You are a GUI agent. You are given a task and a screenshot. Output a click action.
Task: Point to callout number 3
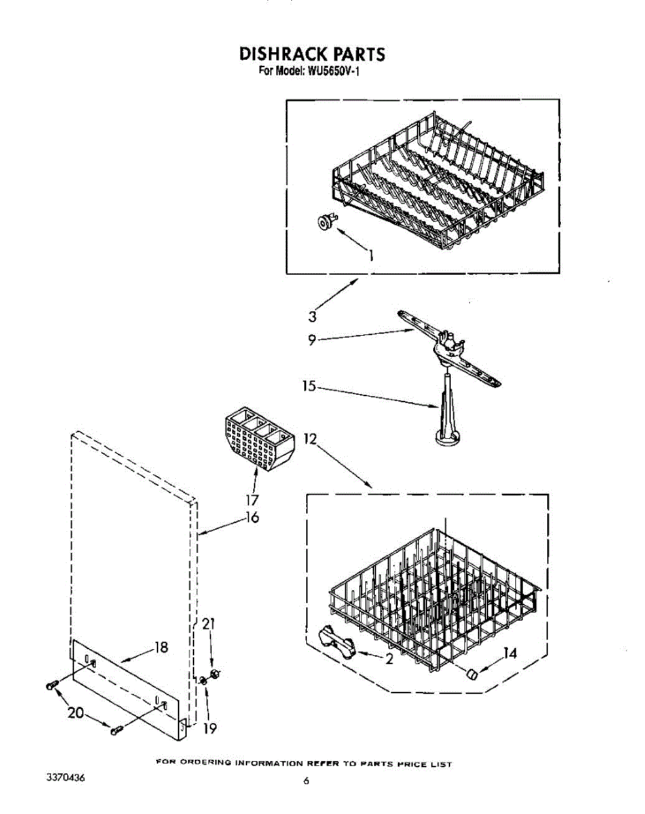point(312,315)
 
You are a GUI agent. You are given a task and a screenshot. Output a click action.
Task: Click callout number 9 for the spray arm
point(312,341)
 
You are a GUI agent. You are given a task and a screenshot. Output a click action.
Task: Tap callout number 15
point(309,386)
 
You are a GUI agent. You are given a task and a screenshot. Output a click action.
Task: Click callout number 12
point(310,438)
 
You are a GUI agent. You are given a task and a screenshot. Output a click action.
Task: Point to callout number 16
point(252,518)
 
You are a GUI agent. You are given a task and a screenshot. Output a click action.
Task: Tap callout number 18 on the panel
point(161,647)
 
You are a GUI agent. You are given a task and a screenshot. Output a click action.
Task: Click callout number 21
point(209,624)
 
